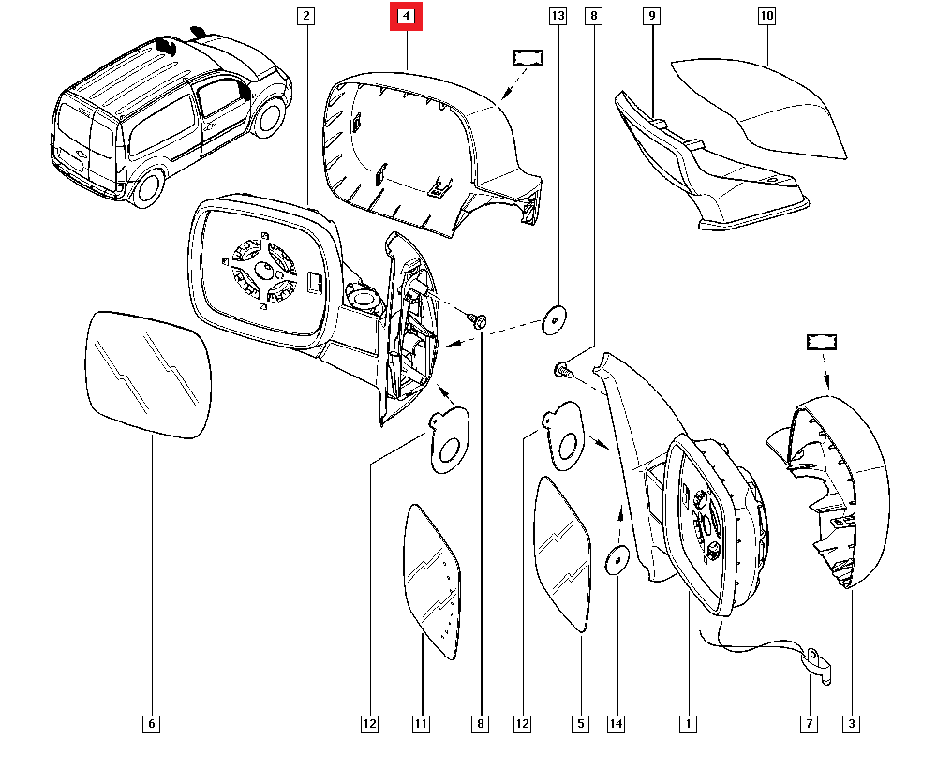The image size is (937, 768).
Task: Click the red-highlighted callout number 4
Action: click(x=407, y=16)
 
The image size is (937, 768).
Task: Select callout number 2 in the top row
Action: click(x=306, y=16)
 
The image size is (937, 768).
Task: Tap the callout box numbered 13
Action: click(x=558, y=16)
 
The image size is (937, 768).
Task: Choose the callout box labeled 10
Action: click(x=766, y=16)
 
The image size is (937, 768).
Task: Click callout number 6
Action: click(x=152, y=723)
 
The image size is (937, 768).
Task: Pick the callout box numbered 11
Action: click(x=422, y=723)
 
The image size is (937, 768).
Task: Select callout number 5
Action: click(x=580, y=723)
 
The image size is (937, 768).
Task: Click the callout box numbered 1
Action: click(x=688, y=723)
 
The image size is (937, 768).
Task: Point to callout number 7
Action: click(x=809, y=723)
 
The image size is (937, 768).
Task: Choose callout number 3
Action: click(x=851, y=723)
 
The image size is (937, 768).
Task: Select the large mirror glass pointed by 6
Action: click(x=148, y=375)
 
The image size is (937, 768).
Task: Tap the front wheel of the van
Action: click(x=270, y=114)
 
